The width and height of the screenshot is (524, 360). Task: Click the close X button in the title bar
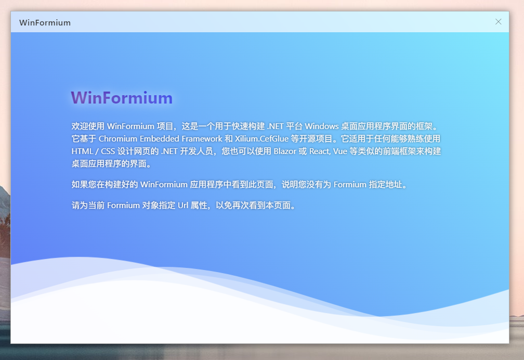498,22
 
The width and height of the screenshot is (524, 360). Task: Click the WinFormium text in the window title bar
45,23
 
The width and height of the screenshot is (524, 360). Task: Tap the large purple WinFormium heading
122,98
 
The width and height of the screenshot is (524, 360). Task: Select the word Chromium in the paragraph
118,138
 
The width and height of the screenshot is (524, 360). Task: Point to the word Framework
202,138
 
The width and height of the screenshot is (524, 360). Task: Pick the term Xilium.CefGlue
261,138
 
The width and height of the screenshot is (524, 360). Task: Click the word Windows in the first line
321,126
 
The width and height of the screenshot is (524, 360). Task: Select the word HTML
82,151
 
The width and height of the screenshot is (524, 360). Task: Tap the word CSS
108,151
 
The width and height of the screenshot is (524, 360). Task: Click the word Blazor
285,151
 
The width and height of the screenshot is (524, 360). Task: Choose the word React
320,151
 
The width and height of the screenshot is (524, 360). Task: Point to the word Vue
340,151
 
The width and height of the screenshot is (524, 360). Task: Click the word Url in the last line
183,205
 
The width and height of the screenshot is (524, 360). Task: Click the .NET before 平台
276,126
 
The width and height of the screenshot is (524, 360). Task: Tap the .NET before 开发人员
169,151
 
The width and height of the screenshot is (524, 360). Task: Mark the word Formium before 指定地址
350,184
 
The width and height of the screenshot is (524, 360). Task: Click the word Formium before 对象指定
123,205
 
